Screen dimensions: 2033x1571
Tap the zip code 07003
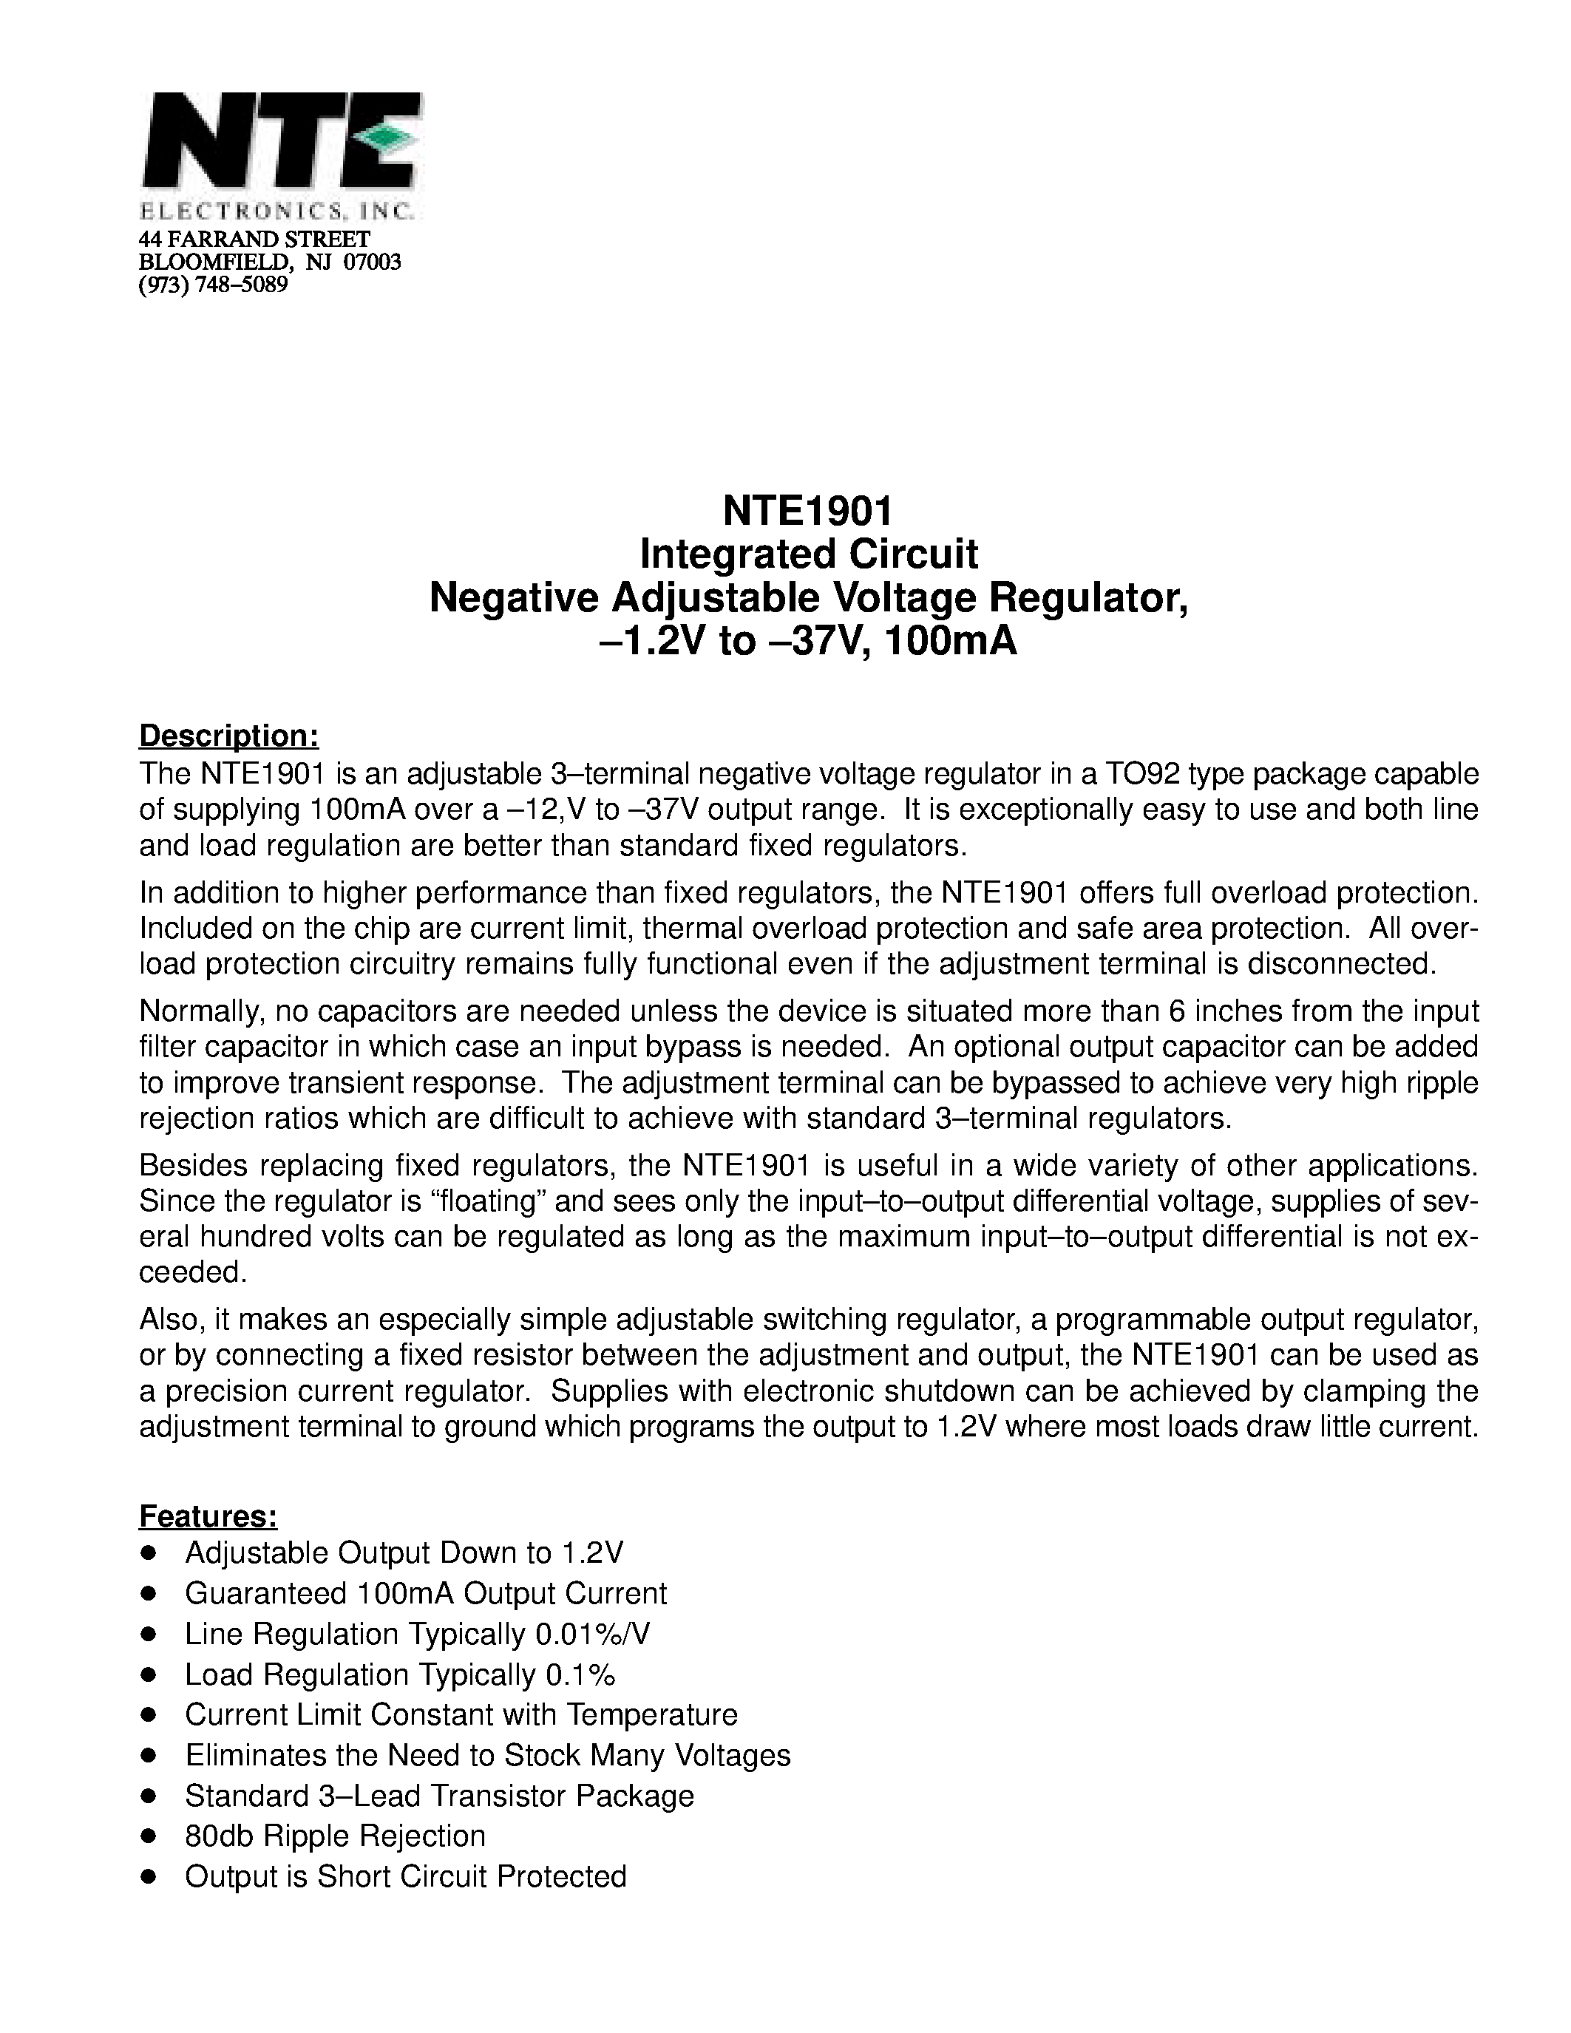coord(373,262)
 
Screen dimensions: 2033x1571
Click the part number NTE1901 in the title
coord(808,510)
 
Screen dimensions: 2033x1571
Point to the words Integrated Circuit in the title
coord(808,554)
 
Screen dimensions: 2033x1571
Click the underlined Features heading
coord(208,1516)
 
